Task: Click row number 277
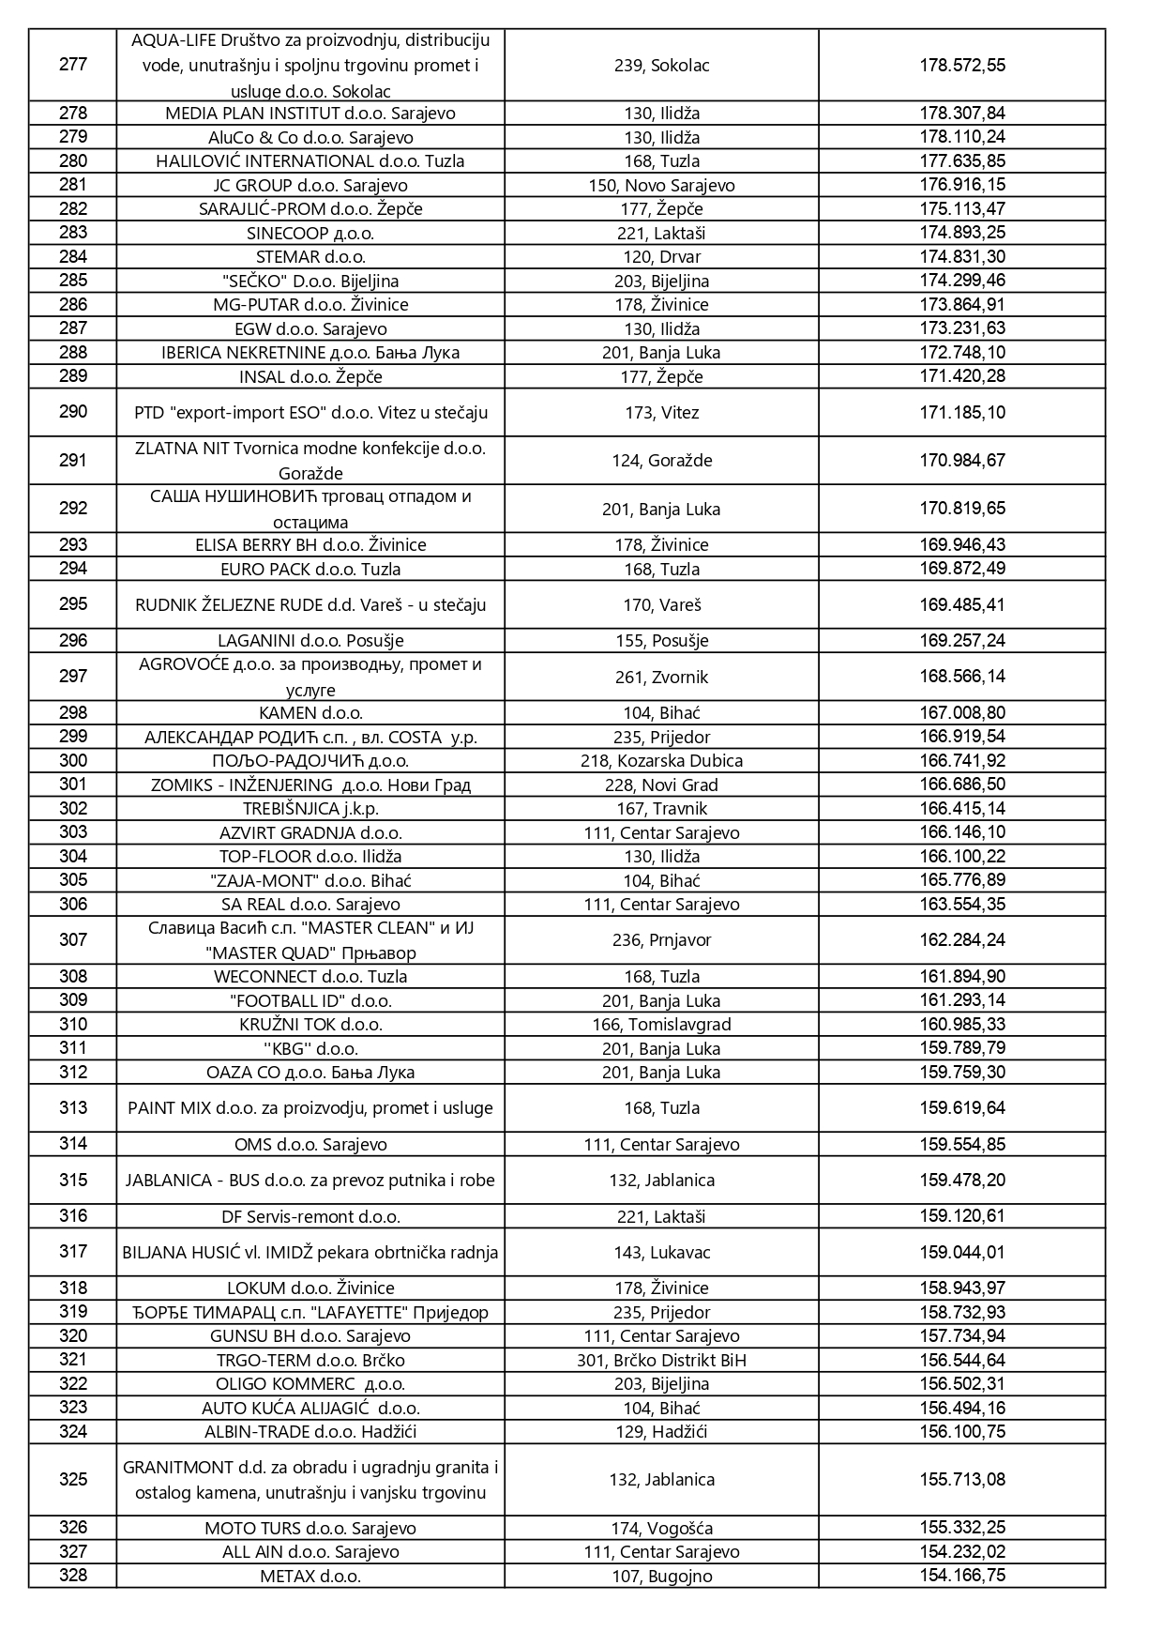coord(72,65)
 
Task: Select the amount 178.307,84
coord(961,114)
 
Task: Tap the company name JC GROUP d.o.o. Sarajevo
coord(310,186)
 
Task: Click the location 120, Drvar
coord(661,257)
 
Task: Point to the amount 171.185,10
coord(961,413)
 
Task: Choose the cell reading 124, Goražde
coord(661,461)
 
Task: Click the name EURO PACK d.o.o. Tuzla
coord(310,570)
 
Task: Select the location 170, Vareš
coord(661,605)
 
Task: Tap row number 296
coord(72,641)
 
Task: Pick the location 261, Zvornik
coord(661,677)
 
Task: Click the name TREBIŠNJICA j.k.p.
coord(310,809)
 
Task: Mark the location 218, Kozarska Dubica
coord(661,761)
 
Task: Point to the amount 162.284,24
coord(961,940)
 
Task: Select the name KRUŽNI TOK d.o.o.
coord(310,1025)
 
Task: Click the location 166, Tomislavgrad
coord(661,1025)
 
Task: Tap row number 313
coord(72,1108)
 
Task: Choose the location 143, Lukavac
coord(661,1253)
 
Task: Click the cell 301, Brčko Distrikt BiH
coord(661,1361)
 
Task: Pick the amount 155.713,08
coord(961,1480)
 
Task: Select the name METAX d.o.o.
coord(310,1577)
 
